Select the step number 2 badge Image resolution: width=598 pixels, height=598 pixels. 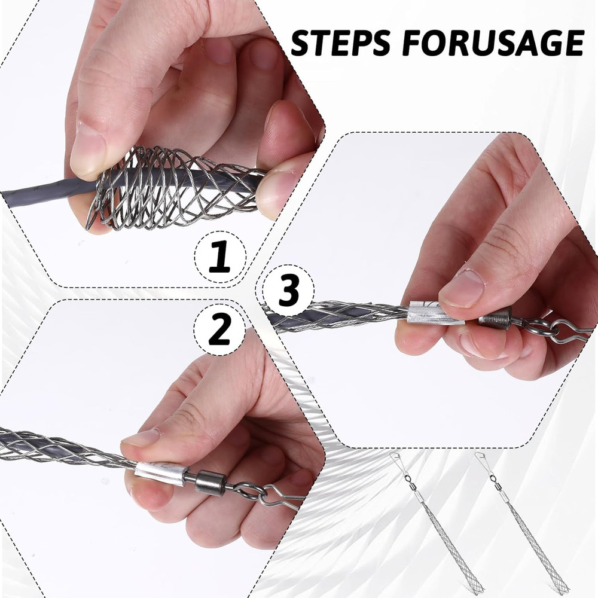click(219, 328)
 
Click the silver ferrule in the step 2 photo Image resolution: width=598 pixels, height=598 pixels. click(159, 473)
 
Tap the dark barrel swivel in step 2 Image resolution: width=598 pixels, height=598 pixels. click(210, 482)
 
